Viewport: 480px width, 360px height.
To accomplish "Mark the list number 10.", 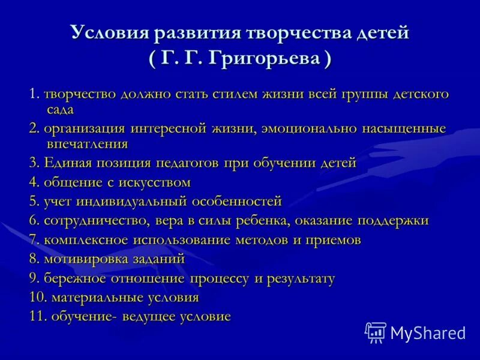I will [x=37, y=298].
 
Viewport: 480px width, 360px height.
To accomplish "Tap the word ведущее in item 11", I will [x=148, y=317].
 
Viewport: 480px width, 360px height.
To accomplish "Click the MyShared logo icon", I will [x=376, y=332].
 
